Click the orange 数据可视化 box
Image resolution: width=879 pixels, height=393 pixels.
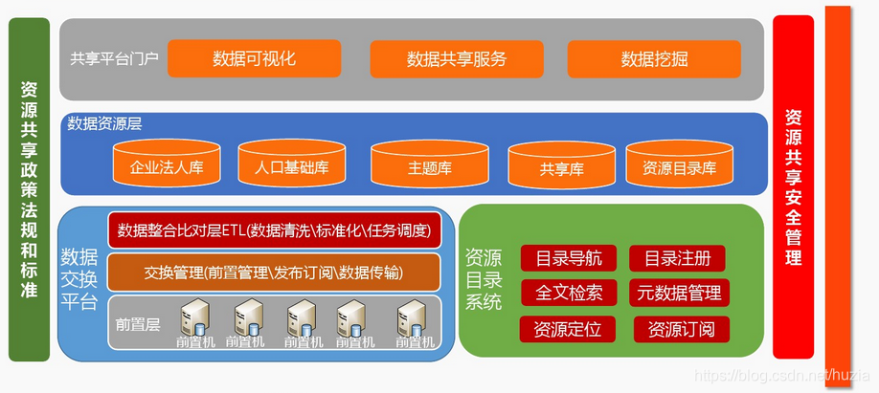(254, 58)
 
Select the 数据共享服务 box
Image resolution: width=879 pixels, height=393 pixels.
(456, 58)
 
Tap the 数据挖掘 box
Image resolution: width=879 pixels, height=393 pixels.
(653, 58)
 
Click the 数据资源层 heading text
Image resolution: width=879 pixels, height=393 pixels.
(105, 123)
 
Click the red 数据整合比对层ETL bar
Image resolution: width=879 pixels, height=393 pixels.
(274, 229)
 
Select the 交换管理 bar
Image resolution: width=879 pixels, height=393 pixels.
(274, 273)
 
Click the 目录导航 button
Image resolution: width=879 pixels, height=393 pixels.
(569, 258)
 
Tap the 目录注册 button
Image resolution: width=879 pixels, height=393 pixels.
(677, 258)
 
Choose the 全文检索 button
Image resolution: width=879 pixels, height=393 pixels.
(569, 293)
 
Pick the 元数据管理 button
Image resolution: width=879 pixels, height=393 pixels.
(679, 293)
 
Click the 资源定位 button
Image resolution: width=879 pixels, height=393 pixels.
(569, 330)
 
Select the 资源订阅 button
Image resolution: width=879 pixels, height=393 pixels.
(681, 330)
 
